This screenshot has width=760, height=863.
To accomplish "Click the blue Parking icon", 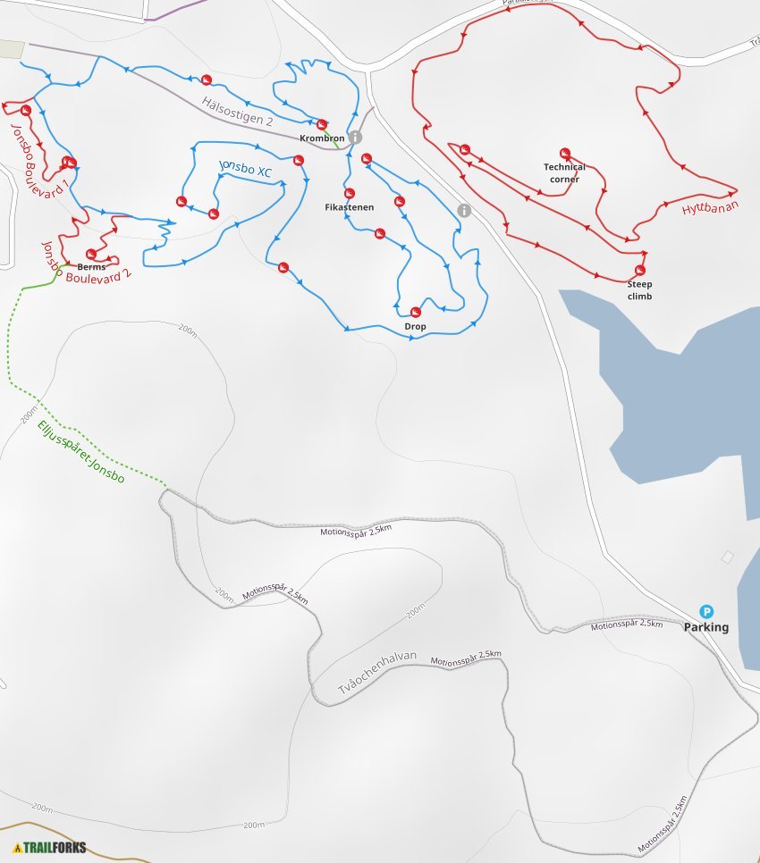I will click(706, 612).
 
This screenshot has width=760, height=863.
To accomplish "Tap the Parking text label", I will click(706, 627).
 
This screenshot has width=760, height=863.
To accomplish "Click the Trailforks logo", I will click(50, 847).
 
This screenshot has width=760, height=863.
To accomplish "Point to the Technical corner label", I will click(564, 173).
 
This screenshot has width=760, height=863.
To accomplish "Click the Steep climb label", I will click(639, 290).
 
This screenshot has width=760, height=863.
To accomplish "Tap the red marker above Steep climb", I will click(639, 270).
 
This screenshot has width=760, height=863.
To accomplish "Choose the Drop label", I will click(415, 327).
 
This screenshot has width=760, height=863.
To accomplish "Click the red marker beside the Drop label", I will click(415, 311).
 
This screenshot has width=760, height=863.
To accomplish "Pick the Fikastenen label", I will click(350, 207).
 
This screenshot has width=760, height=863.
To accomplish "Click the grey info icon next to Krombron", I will click(355, 138).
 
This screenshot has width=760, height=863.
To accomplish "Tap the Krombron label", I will click(323, 138).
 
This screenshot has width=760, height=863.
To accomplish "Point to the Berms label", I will click(91, 267).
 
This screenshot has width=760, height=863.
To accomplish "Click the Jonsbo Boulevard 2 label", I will click(87, 259).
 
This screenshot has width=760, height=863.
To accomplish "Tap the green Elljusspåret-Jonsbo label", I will click(80, 452).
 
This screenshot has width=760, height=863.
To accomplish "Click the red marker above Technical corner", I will click(564, 153).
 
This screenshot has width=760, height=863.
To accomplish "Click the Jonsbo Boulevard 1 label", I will click(38, 161).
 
